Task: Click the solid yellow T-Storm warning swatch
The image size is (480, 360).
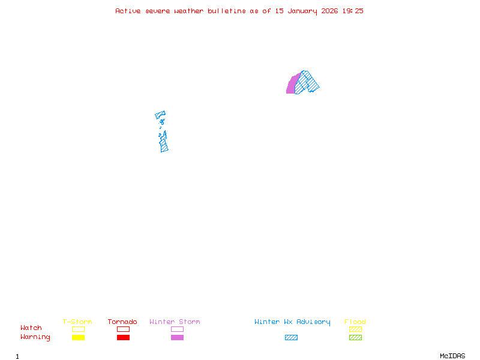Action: pos(78,338)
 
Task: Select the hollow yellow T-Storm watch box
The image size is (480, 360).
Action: pos(78,329)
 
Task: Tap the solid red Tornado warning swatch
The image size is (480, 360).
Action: pos(123,338)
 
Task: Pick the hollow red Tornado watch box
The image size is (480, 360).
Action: pos(123,329)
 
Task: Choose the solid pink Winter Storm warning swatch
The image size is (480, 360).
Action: pos(177,338)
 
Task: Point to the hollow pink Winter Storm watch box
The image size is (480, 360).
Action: pos(177,329)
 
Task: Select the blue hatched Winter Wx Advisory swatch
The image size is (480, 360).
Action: pos(291,338)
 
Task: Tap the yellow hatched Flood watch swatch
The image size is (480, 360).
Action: pos(355,329)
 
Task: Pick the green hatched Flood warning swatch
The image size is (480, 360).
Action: pos(355,338)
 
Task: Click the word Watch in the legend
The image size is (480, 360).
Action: pos(31,328)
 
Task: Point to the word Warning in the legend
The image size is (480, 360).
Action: pos(35,337)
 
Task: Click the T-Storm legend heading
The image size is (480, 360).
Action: pos(77,322)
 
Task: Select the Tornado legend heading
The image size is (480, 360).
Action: pos(122,322)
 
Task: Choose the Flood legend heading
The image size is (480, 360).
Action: pos(355,322)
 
